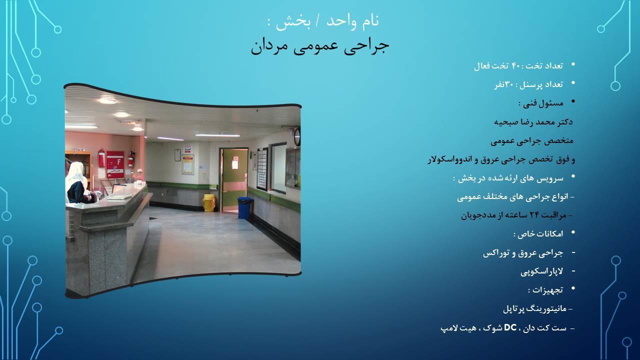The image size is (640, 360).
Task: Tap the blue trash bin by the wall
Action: coord(244,207)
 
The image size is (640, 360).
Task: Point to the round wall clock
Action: coord(297,136)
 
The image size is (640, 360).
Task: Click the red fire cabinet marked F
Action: coord(115,164)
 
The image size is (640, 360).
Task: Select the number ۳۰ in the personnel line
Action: coord(509,84)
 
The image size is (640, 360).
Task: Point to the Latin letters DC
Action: coord(510,328)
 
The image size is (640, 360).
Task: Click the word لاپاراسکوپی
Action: coord(541,271)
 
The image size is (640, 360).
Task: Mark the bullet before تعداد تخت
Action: coord(573,64)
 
